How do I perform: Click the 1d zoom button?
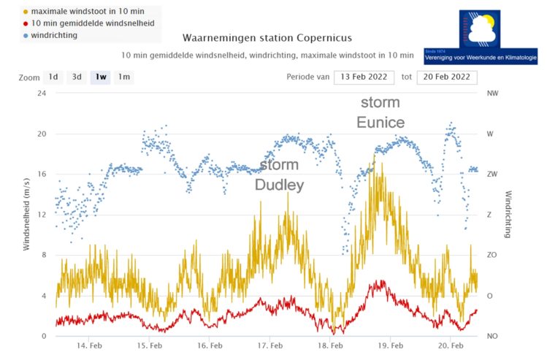tap(53, 77)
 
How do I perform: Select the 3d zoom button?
tap(77, 77)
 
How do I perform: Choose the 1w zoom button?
tap(100, 77)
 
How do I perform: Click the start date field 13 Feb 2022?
tap(364, 77)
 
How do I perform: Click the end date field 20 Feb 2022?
tap(447, 77)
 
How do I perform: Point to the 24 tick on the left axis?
tap(42, 93)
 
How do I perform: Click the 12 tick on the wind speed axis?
tap(42, 215)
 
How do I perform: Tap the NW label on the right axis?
tap(492, 93)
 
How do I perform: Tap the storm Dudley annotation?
tap(279, 175)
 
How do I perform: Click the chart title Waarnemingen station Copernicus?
tap(267, 38)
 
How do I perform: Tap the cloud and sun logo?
tap(481, 31)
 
